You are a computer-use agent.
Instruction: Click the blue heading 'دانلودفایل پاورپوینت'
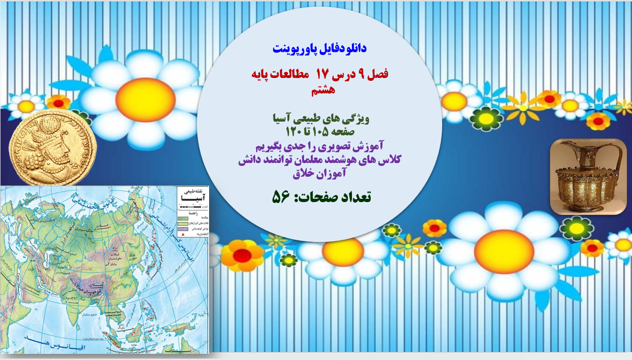(x=319, y=48)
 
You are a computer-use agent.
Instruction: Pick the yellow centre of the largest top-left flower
(x=145, y=100)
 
